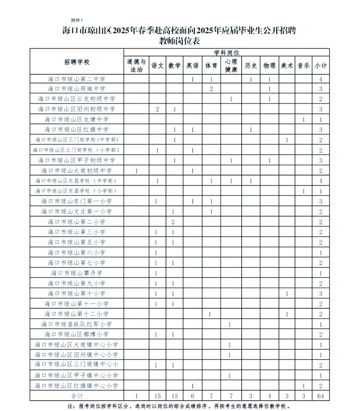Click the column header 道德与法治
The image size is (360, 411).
[x=136, y=65]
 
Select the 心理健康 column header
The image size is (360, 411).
[x=230, y=65]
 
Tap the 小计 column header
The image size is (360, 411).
[x=321, y=65]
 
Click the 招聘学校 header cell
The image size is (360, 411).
[x=76, y=62]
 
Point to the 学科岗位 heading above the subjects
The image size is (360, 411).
[x=226, y=52]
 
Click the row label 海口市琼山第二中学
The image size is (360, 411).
[x=76, y=79]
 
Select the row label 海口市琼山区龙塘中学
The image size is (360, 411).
[x=76, y=119]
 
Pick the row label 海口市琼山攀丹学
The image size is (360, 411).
[x=76, y=273]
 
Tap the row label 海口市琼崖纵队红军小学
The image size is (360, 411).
[x=76, y=324]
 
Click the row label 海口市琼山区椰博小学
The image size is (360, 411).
[x=76, y=334]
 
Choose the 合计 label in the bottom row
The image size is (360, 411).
[x=76, y=396]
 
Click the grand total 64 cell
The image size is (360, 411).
[x=321, y=396]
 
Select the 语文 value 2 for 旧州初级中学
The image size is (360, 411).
[x=157, y=109]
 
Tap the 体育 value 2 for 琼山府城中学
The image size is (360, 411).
[x=211, y=89]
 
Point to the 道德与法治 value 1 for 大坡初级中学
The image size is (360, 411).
[x=136, y=171]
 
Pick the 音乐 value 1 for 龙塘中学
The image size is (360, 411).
[x=304, y=119]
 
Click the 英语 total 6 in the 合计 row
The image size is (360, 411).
[x=193, y=396]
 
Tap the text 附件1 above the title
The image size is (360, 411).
[x=77, y=21]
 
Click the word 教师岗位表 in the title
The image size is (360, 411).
[x=180, y=41]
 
